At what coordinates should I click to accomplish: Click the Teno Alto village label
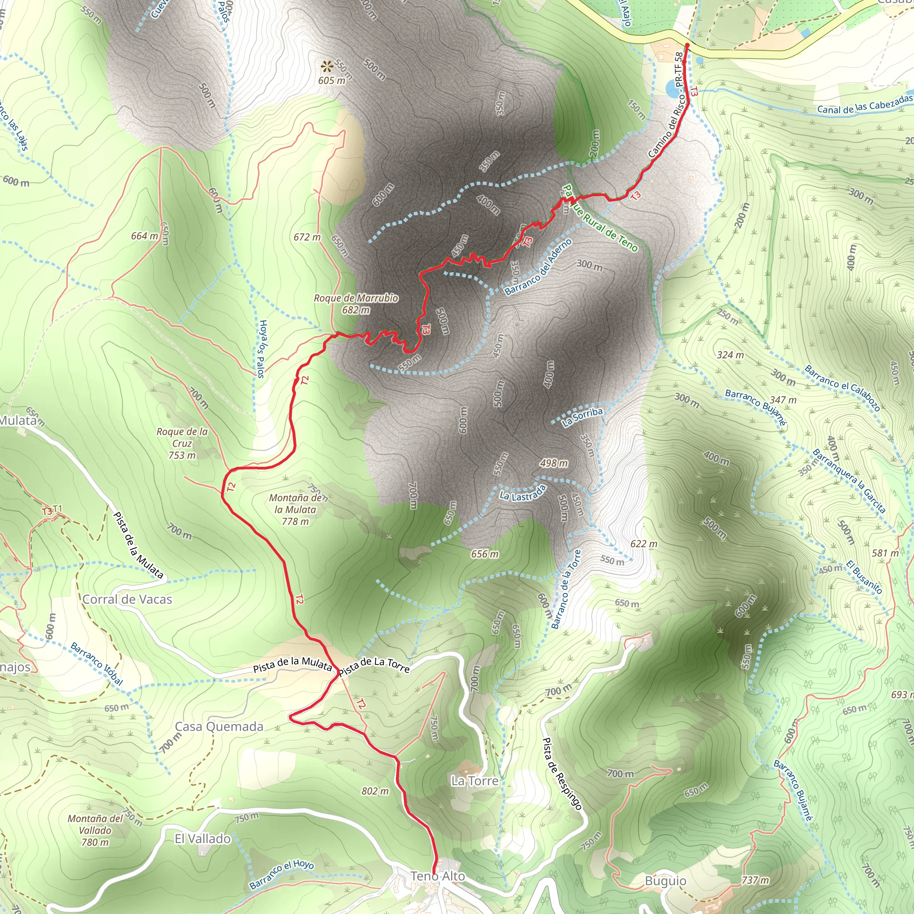[438, 876]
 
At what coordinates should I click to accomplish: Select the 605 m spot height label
[332, 80]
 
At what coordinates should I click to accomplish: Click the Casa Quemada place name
[219, 727]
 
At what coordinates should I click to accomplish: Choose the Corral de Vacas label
[127, 599]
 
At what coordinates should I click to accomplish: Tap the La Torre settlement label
[474, 781]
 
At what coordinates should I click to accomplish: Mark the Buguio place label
[665, 881]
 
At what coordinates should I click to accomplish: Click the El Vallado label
[203, 839]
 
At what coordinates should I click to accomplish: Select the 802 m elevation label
[375, 791]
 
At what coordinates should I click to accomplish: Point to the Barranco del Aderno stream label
[538, 267]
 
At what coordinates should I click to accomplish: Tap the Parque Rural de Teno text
[600, 218]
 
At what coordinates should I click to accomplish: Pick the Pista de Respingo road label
[561, 773]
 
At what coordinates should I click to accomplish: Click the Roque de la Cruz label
[182, 443]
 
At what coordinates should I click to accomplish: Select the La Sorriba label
[582, 417]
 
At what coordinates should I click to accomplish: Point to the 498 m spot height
[554, 463]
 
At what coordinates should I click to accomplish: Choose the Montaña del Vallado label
[95, 830]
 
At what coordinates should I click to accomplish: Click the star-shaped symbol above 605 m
[327, 66]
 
